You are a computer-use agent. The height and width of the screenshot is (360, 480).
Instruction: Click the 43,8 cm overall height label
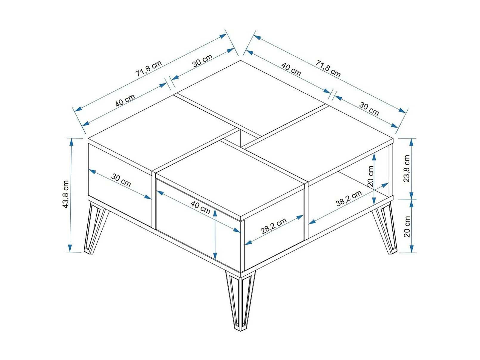[x=66, y=194]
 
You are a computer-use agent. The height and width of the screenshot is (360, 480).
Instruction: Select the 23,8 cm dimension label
[x=407, y=169]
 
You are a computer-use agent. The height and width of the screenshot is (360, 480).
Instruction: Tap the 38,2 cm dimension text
[x=349, y=199]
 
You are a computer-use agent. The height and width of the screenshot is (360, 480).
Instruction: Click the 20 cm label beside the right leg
[x=407, y=227]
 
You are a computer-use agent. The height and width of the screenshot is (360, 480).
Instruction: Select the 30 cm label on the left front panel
[x=121, y=180]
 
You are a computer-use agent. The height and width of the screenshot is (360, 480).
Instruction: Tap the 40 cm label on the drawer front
[x=200, y=208]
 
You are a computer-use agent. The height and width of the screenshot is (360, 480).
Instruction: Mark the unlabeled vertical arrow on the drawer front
[x=215, y=234]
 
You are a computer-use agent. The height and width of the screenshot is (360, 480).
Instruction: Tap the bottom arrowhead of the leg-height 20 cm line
[x=411, y=249]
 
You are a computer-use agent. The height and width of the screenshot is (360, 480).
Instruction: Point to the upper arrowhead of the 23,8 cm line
[x=411, y=142]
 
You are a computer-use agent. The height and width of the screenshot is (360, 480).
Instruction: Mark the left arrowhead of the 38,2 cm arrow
[x=312, y=222]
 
